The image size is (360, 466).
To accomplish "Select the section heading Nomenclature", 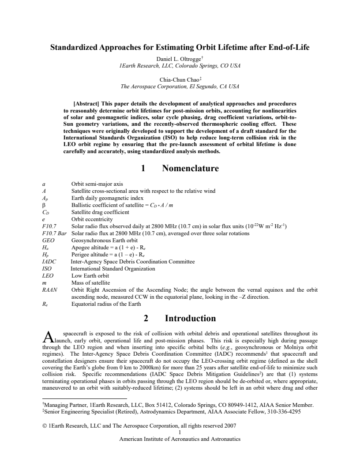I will pos(190,168).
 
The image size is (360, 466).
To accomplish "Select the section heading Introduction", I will pos(190,318).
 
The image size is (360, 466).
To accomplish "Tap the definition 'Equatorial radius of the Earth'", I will pos(106,304).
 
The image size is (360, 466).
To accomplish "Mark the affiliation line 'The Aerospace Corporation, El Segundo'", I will pos(180,87).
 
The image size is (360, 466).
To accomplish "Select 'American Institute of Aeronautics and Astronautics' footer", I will pos(180,439).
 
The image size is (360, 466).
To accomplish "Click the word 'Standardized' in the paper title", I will pos(80,47).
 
